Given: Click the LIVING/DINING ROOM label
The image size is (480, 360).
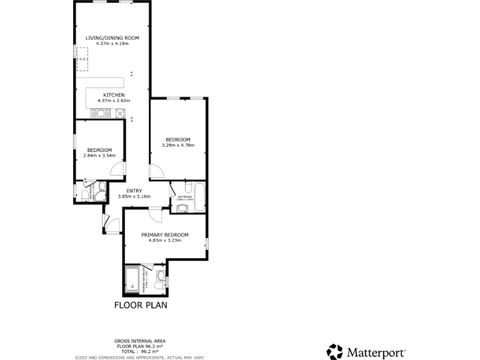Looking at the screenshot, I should click(x=112, y=38).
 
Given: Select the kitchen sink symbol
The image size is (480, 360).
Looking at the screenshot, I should click(x=100, y=113).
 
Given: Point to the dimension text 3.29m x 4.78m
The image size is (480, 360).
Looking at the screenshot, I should click(x=178, y=146).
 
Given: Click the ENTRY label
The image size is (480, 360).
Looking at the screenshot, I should click(x=134, y=191).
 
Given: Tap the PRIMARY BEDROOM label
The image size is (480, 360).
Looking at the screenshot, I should click(x=164, y=235).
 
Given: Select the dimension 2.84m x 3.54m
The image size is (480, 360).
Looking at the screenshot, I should click(x=99, y=155).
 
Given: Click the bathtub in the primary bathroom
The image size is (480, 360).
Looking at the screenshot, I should click(x=133, y=279).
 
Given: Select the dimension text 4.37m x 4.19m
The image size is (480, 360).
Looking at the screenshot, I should click(x=112, y=43).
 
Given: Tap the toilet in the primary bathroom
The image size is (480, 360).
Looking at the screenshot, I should click(x=161, y=276).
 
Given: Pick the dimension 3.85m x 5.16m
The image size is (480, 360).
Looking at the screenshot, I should click(x=134, y=196).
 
